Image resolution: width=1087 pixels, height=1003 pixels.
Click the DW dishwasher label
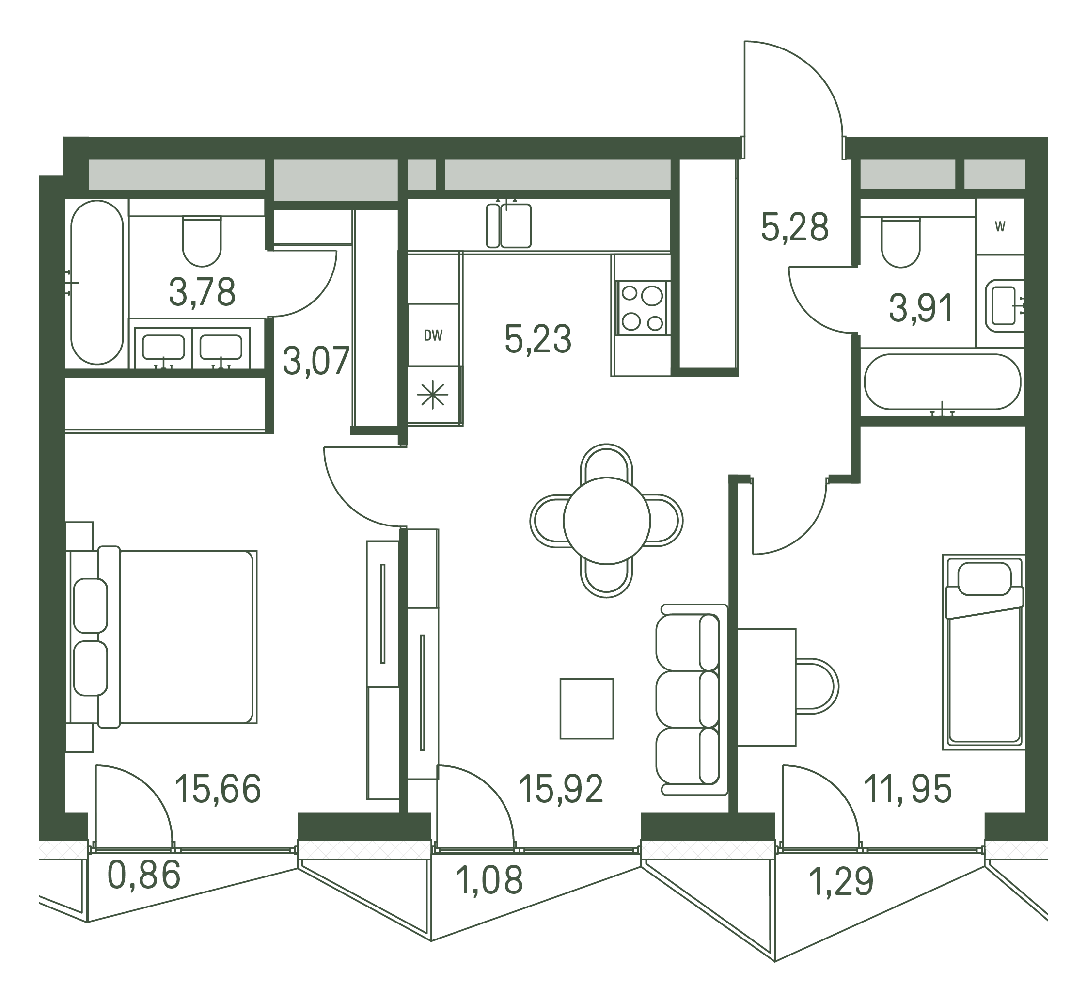pyautogui.click(x=433, y=336)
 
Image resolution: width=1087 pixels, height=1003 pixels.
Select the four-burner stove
pyautogui.click(x=643, y=308)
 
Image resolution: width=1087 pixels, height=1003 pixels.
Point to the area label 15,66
pyautogui.click(x=218, y=789)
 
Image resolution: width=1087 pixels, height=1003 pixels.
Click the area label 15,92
pyautogui.click(x=561, y=789)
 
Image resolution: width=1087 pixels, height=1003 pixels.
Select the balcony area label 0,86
pyautogui.click(x=144, y=876)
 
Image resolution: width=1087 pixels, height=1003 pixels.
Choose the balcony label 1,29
pyautogui.click(x=841, y=881)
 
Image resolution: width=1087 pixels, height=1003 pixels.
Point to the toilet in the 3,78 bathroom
pyautogui.click(x=202, y=241)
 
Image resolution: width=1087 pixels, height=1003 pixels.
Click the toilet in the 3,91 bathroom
pyautogui.click(x=901, y=242)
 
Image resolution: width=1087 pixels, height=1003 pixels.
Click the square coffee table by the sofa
pyautogui.click(x=587, y=708)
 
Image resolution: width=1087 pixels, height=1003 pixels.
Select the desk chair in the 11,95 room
pyautogui.click(x=817, y=686)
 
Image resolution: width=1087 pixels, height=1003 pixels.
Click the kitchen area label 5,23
pyautogui.click(x=538, y=339)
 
